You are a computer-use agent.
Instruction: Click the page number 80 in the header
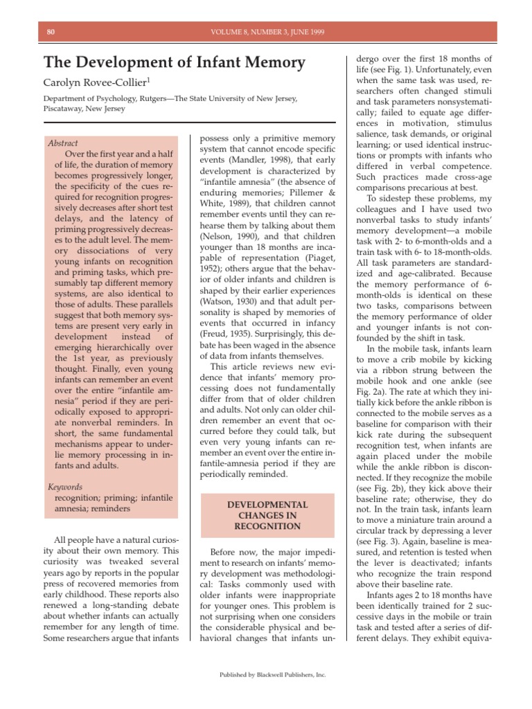[51, 32]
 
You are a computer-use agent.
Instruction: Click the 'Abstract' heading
[63, 143]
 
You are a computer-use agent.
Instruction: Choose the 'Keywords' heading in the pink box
[64, 487]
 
